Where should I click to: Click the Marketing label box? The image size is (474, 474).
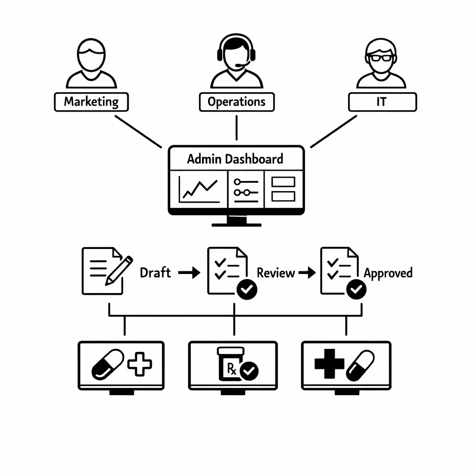(91, 102)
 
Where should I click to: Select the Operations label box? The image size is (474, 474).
(237, 102)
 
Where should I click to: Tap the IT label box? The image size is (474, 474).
(382, 102)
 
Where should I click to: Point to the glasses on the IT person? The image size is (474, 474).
(381, 58)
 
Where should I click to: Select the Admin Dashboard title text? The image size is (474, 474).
(235, 159)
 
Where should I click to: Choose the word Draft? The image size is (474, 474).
(155, 273)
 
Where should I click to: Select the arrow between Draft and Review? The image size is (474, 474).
(189, 273)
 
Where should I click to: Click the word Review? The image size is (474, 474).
(276, 273)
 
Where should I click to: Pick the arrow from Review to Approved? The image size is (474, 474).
(306, 273)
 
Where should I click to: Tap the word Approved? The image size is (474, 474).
(388, 273)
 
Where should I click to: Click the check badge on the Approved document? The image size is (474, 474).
(356, 290)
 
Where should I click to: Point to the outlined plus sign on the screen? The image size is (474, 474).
(139, 363)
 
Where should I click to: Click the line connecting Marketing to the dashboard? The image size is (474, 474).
(138, 131)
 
